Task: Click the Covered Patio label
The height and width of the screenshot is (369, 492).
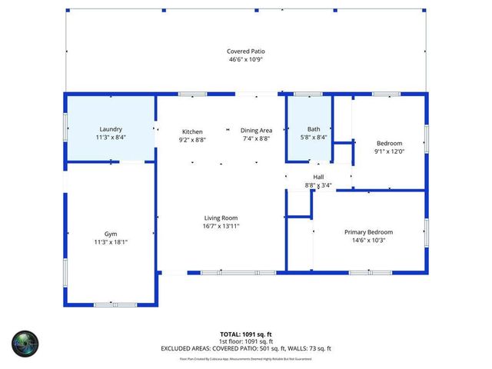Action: [x=246, y=52]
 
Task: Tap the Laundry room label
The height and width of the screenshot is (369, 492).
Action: [x=111, y=129]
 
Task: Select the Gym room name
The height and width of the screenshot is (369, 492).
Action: [x=111, y=234]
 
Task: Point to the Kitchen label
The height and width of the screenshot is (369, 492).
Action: [x=192, y=131]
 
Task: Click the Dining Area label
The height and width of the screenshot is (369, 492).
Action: [x=256, y=131]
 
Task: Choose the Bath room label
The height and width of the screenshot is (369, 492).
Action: [x=314, y=129]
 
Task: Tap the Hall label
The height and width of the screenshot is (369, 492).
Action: [x=318, y=177]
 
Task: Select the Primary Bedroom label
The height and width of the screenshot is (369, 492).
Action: [x=368, y=232]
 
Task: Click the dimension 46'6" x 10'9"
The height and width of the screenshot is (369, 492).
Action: [x=246, y=59]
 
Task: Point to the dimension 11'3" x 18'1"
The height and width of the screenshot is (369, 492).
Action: [x=111, y=241]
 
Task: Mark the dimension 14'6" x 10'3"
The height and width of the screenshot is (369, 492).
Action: [x=368, y=240]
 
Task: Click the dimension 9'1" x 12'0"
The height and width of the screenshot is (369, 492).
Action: [x=388, y=151]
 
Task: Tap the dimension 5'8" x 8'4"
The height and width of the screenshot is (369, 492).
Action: [x=314, y=137]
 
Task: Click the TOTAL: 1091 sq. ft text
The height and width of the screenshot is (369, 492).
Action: [x=246, y=334]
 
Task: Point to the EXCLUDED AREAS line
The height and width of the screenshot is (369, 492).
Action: [x=246, y=348]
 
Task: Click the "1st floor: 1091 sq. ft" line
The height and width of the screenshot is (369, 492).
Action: [x=246, y=341]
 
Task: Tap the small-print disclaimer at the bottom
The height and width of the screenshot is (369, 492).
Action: [x=246, y=358]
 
